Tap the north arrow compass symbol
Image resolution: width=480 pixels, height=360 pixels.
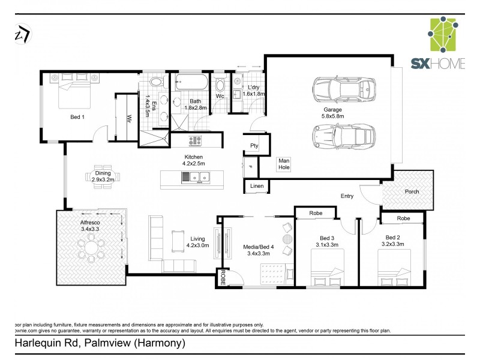(23, 35)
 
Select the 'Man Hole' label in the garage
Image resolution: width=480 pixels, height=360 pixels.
(284, 164)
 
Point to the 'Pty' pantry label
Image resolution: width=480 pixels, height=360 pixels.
(254, 146)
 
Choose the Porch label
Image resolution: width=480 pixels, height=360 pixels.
(412, 192)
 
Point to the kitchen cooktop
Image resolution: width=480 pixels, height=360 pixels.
(195, 141)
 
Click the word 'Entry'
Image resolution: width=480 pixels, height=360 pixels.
(347, 196)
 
